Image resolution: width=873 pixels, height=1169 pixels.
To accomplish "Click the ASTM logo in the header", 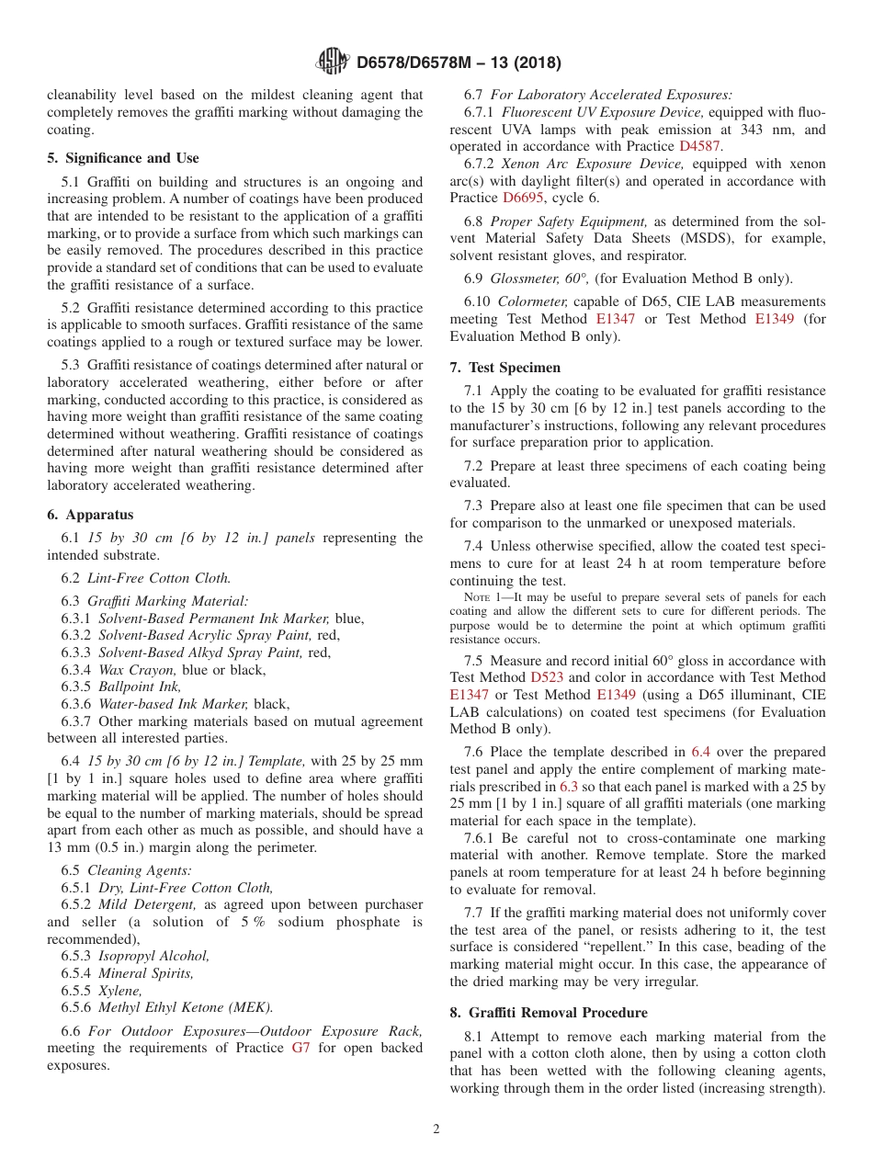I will click(332, 62).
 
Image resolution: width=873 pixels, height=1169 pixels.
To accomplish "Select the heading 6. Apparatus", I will click(90, 515).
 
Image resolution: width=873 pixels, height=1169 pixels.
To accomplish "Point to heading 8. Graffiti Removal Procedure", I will click(549, 1013).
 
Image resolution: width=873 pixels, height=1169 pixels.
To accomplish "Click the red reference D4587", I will click(700, 146).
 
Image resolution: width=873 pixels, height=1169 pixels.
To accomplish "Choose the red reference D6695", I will click(524, 198).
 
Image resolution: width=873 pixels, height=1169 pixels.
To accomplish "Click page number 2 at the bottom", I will click(436, 1129).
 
